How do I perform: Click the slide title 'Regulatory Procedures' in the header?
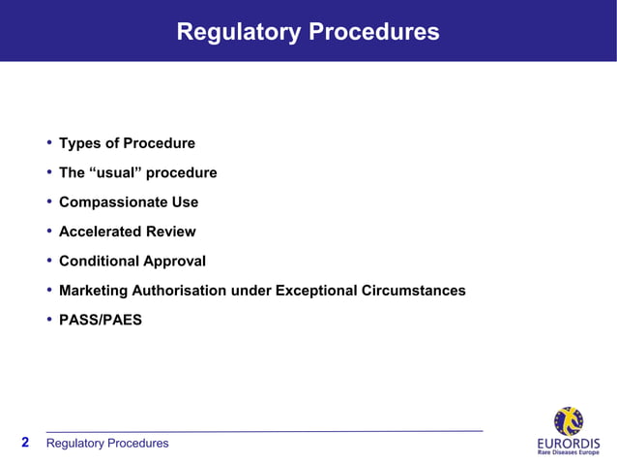click(308, 32)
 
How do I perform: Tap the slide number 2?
click(25, 443)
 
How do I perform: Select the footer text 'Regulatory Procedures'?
click(107, 444)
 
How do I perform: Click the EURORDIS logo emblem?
click(568, 421)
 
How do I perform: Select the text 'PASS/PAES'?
click(101, 320)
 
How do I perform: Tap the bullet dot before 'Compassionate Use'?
click(48, 202)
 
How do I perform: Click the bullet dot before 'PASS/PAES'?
click(48, 319)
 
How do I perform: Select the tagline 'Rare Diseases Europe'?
click(568, 452)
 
